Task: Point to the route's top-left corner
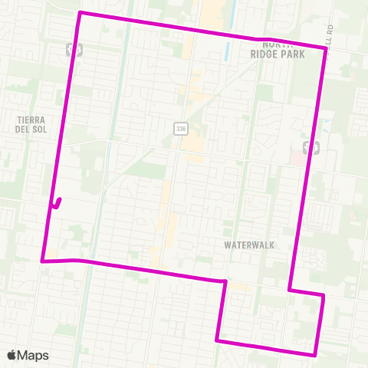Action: click(80, 13)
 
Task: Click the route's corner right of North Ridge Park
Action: click(327, 48)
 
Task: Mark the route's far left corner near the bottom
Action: click(41, 261)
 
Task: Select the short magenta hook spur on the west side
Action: click(57, 203)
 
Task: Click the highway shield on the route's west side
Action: click(75, 48)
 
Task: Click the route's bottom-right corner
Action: click(315, 355)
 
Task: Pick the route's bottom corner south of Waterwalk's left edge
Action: click(219, 340)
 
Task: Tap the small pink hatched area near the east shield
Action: click(297, 157)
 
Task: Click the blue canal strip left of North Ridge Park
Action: click(229, 51)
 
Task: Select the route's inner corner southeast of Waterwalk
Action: click(289, 290)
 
